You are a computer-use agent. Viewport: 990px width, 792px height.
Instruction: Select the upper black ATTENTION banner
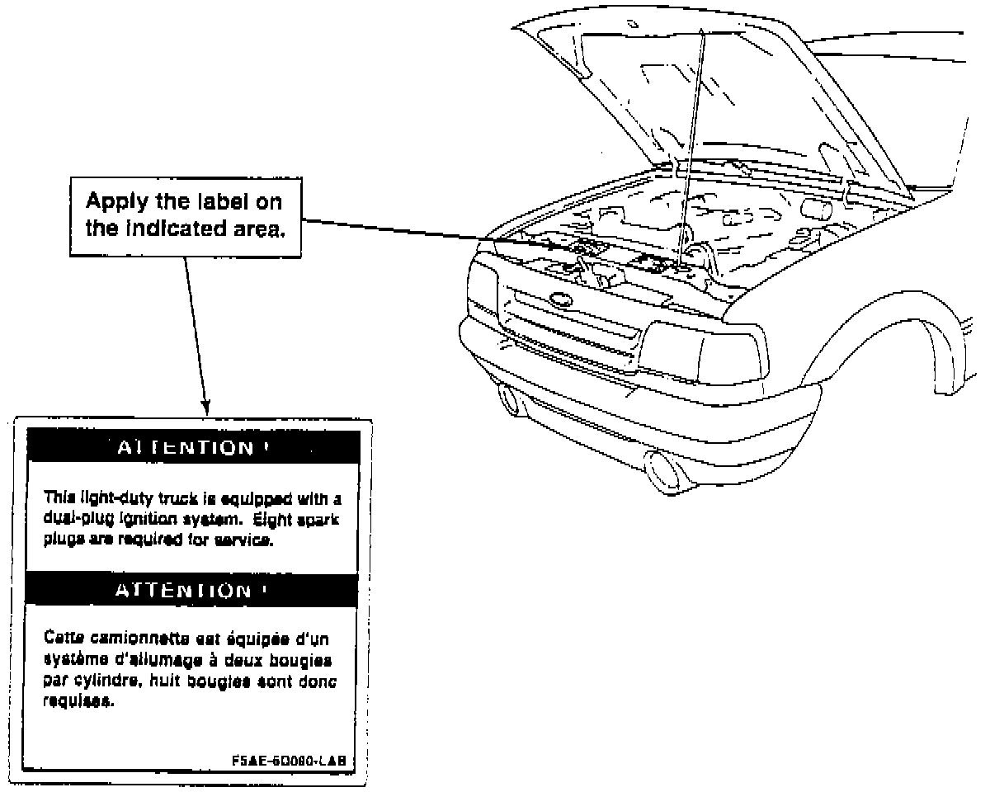tap(195, 447)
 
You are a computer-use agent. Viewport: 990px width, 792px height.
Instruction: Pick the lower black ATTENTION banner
tap(195, 590)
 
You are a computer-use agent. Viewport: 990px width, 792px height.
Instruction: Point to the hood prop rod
tap(691, 140)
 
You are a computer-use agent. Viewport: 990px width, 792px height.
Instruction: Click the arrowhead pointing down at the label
tap(206, 408)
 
